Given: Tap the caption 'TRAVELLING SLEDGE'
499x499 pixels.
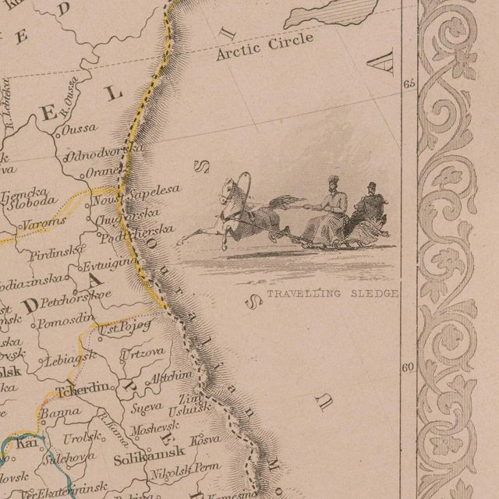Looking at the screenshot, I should pyautogui.click(x=333, y=294).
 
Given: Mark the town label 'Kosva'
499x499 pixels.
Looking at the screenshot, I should pyautogui.click(x=206, y=439).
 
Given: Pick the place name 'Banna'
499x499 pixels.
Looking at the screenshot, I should pyautogui.click(x=55, y=414).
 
